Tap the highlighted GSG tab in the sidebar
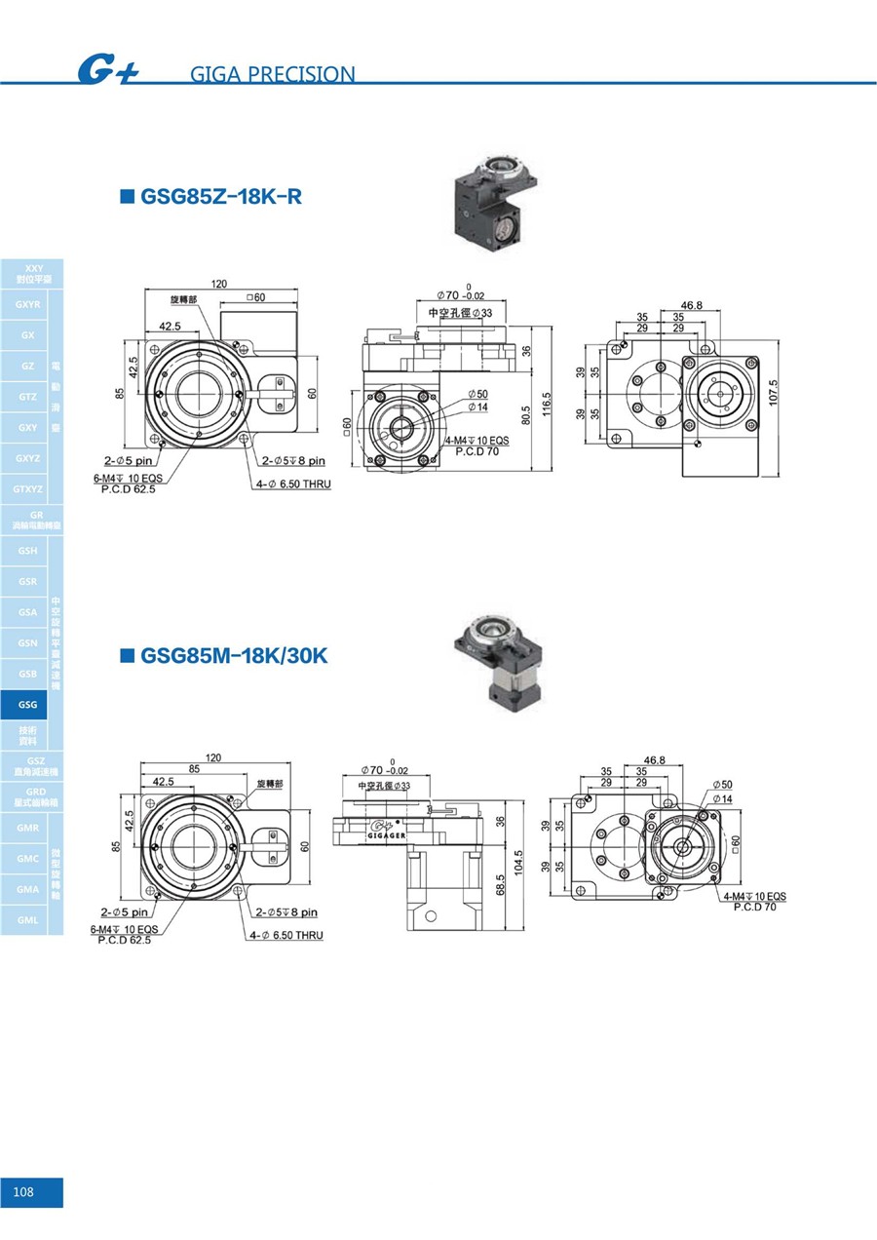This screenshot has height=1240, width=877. pyautogui.click(x=27, y=705)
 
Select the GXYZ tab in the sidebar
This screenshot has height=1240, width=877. pyautogui.click(x=27, y=458)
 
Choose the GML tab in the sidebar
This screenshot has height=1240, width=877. pyautogui.click(x=27, y=920)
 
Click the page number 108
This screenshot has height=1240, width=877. pyautogui.click(x=24, y=1192)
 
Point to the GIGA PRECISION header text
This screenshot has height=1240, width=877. pyautogui.click(x=274, y=74)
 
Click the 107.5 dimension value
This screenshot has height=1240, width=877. pyautogui.click(x=774, y=394)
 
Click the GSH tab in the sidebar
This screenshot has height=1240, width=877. pyautogui.click(x=27, y=551)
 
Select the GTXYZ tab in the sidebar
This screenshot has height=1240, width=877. pyautogui.click(x=27, y=488)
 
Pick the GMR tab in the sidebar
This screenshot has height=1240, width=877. pyautogui.click(x=27, y=829)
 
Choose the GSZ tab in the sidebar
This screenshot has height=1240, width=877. pyautogui.click(x=36, y=765)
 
